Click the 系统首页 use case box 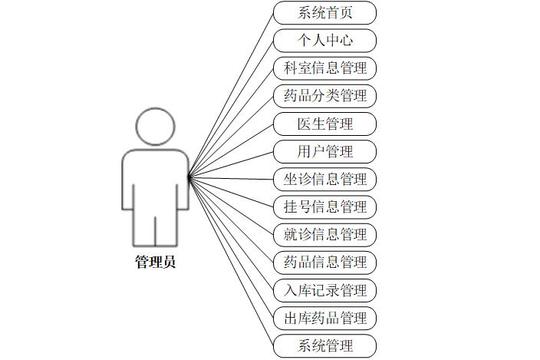[x=324, y=13]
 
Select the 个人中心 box [x=324, y=41]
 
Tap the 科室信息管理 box [x=324, y=68]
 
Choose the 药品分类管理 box [x=324, y=96]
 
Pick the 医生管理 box [x=324, y=124]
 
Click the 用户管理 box [x=324, y=151]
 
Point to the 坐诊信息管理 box [x=324, y=179]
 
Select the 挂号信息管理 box [x=324, y=206]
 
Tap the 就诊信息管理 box [x=324, y=234]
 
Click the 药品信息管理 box [x=324, y=262]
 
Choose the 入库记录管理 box [x=324, y=290]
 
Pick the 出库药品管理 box [x=324, y=318]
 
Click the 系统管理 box [x=324, y=345]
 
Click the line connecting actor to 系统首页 [x=230, y=97]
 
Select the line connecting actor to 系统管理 [x=230, y=261]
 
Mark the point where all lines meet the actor [x=189, y=178]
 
